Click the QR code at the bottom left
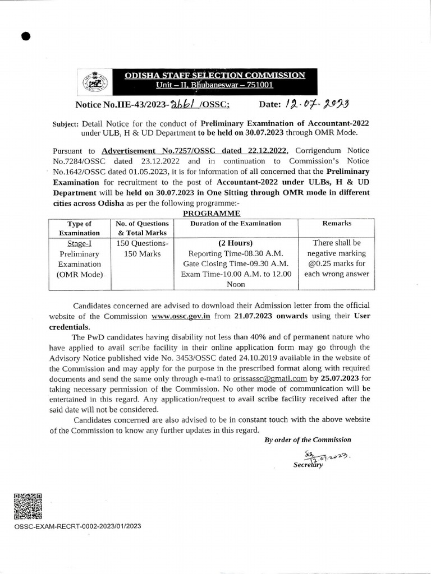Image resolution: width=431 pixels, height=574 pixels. pyautogui.click(x=28, y=506)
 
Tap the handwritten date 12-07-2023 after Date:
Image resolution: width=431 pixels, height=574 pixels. pyautogui.click(x=317, y=104)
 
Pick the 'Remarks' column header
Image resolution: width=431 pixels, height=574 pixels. pyautogui.click(x=337, y=223)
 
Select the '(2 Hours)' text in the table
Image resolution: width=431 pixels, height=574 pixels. pyautogui.click(x=235, y=243)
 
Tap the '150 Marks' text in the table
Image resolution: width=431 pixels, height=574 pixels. pyautogui.click(x=142, y=253)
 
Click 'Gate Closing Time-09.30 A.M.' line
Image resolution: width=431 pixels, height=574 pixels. pyautogui.click(x=235, y=264)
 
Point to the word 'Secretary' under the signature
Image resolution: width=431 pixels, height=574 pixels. pyautogui.click(x=308, y=465)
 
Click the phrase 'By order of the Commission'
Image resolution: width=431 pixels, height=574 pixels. pyautogui.click(x=308, y=440)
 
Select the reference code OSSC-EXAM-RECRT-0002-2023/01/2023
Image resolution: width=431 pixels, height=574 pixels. pyautogui.click(x=77, y=526)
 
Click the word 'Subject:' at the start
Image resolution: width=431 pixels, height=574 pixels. pyautogui.click(x=66, y=123)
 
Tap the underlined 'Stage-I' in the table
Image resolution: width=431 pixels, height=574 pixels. pyautogui.click(x=79, y=243)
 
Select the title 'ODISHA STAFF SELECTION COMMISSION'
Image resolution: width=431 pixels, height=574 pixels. pyautogui.click(x=215, y=75)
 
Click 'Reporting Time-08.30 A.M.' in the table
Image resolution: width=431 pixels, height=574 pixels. pyautogui.click(x=235, y=253)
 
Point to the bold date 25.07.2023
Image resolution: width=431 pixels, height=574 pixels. pyautogui.click(x=341, y=378)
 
